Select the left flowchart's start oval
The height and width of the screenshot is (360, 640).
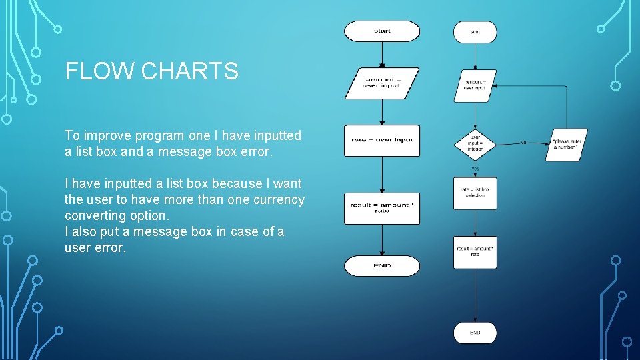tap(382, 31)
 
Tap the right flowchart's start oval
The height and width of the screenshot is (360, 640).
tap(475, 31)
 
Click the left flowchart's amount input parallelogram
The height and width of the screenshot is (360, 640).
tap(382, 83)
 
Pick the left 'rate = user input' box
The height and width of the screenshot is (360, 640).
tap(382, 141)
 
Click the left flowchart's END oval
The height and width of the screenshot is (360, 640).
tap(382, 266)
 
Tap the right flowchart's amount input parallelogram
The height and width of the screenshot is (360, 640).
tap(475, 86)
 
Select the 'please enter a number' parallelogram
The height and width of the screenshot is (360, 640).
tap(567, 145)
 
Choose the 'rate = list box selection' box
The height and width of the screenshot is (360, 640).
tap(475, 193)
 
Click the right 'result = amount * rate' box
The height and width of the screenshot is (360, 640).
tap(475, 252)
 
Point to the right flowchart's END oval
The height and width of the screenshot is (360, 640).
tap(475, 333)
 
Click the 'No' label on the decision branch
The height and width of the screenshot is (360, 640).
tap(523, 142)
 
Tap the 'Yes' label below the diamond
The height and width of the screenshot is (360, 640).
tap(475, 169)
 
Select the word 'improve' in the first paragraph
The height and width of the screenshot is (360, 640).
tap(106, 135)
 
